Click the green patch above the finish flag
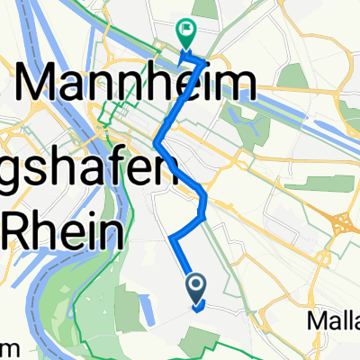click(205, 9)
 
